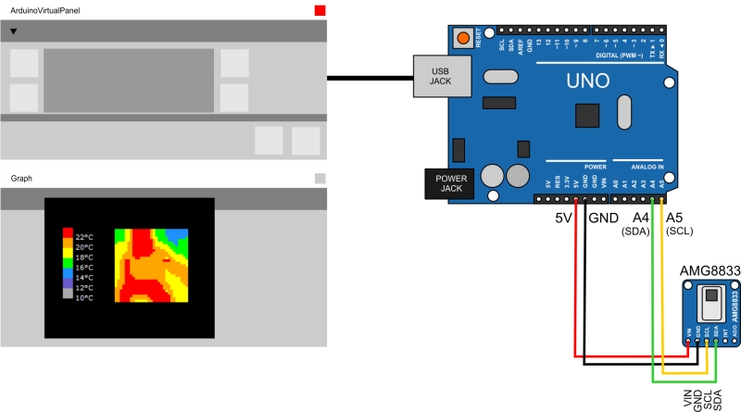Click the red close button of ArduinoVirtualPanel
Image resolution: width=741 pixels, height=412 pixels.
[320, 10]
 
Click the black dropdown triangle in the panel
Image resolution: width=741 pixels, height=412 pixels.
[14, 31]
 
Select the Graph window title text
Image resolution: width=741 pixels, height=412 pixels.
[21, 178]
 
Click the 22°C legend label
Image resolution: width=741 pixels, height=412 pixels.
[84, 237]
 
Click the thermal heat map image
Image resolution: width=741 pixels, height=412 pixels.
[151, 265]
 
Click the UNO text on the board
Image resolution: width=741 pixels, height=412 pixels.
[589, 82]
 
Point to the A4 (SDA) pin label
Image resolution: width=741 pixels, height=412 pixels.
[640, 224]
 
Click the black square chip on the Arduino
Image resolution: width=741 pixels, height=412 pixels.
[587, 116]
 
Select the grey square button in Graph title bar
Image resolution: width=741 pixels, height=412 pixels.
[320, 178]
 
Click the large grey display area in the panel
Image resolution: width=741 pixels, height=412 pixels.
[129, 81]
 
